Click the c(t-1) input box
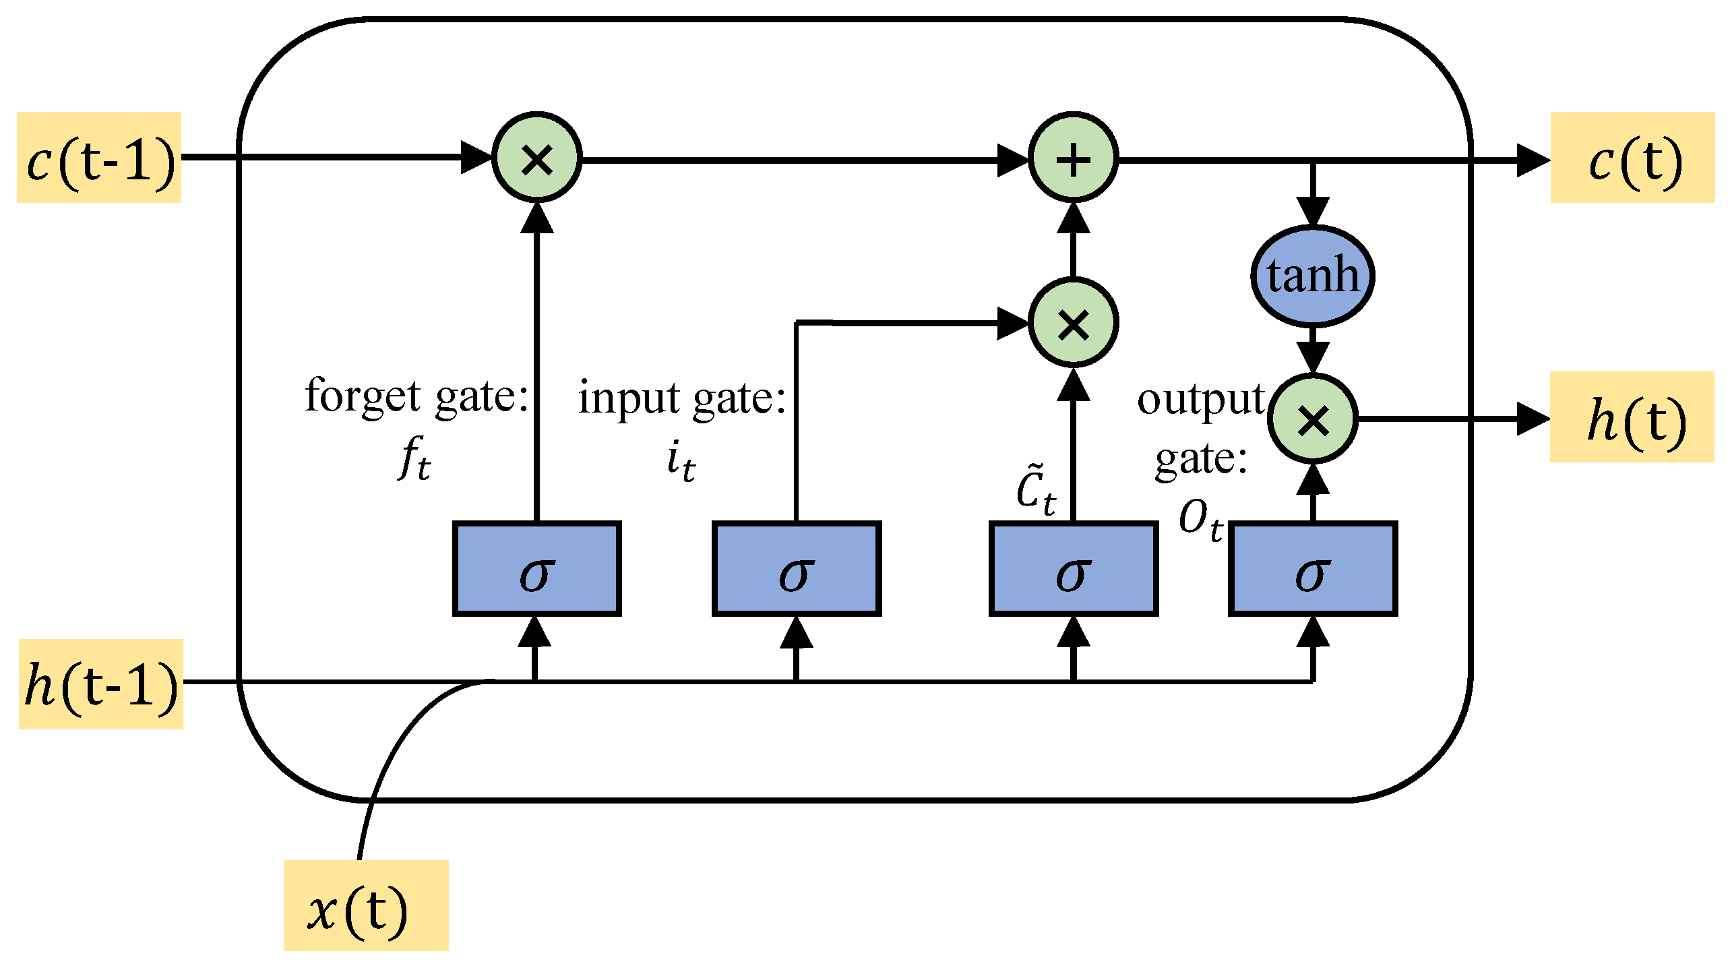pos(99,158)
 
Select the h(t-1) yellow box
pos(101,684)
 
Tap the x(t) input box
pos(366,905)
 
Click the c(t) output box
pos(1632,158)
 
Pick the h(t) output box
pos(1632,417)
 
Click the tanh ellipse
pos(1312,276)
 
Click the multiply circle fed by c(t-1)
pos(536,158)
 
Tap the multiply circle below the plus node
pos(1073,323)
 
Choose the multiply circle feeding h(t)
pos(1312,419)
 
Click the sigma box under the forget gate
pos(536,568)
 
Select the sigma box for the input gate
pos(797,568)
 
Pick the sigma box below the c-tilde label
pos(1073,568)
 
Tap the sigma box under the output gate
pos(1312,568)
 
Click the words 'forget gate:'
pos(416,396)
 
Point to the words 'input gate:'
pos(682,398)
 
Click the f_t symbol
pos(414,458)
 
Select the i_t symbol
pos(681,462)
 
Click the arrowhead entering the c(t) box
pos(1531,160)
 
